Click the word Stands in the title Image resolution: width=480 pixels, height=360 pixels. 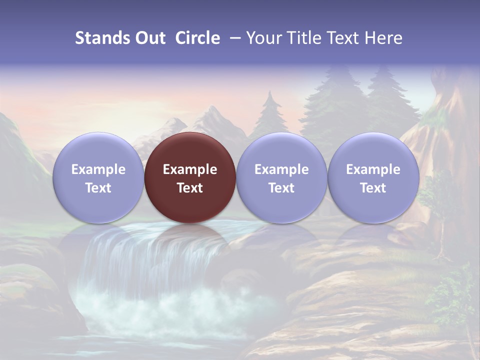coord(102,38)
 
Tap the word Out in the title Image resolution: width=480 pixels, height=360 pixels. coord(150,38)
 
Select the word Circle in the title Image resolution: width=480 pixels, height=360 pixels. coord(197,38)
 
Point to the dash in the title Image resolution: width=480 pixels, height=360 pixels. coord(233,38)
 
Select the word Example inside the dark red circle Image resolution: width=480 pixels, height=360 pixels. coord(190,169)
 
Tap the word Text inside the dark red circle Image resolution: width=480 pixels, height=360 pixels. coord(190,188)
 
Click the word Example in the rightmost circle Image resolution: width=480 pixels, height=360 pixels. coord(373,169)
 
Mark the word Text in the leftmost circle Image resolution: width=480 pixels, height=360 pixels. coord(98,188)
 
